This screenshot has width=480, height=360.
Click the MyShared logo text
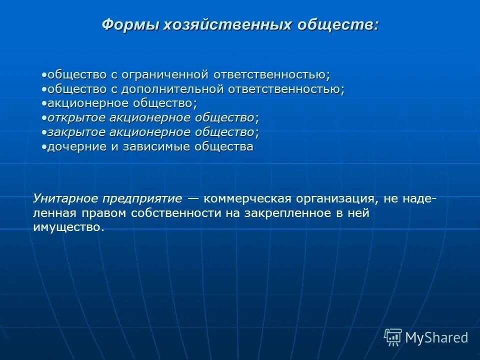point(436,337)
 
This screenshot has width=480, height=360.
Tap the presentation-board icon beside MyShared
point(393,337)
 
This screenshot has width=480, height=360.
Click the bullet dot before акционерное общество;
point(44,103)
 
